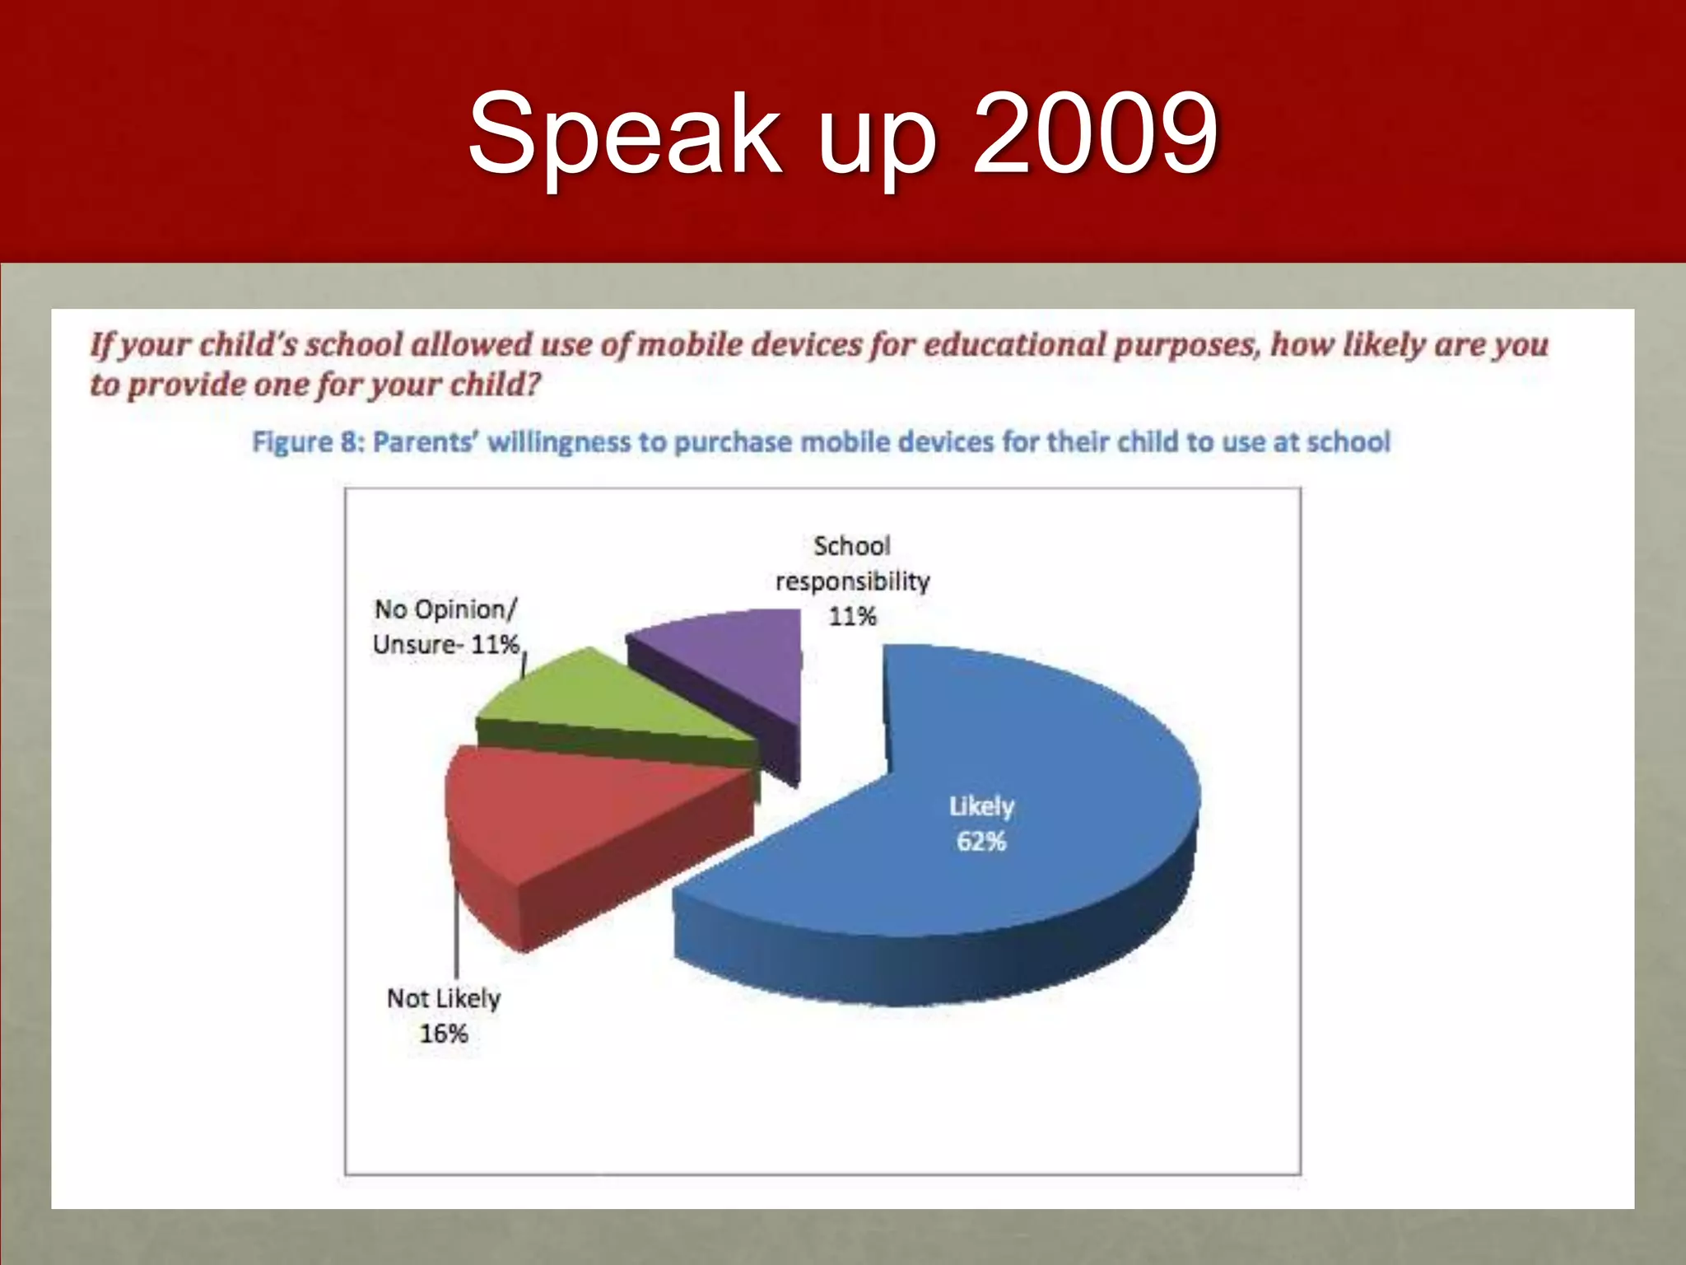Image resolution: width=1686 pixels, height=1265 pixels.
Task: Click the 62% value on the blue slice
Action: [x=981, y=842]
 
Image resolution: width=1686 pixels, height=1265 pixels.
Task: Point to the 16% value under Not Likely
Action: [x=444, y=1034]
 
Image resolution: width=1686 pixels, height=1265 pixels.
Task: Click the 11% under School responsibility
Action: [x=852, y=616]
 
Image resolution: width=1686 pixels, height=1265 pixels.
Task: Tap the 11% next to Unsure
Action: [x=495, y=644]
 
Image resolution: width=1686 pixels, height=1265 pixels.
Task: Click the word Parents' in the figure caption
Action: [x=426, y=442]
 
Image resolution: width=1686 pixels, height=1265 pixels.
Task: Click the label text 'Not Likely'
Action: [x=444, y=998]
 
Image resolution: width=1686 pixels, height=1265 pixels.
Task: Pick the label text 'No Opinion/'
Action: [x=445, y=609]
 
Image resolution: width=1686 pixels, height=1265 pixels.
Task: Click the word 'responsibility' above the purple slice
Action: [x=852, y=581]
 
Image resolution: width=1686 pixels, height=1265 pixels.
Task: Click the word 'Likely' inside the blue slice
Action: [x=981, y=806]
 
